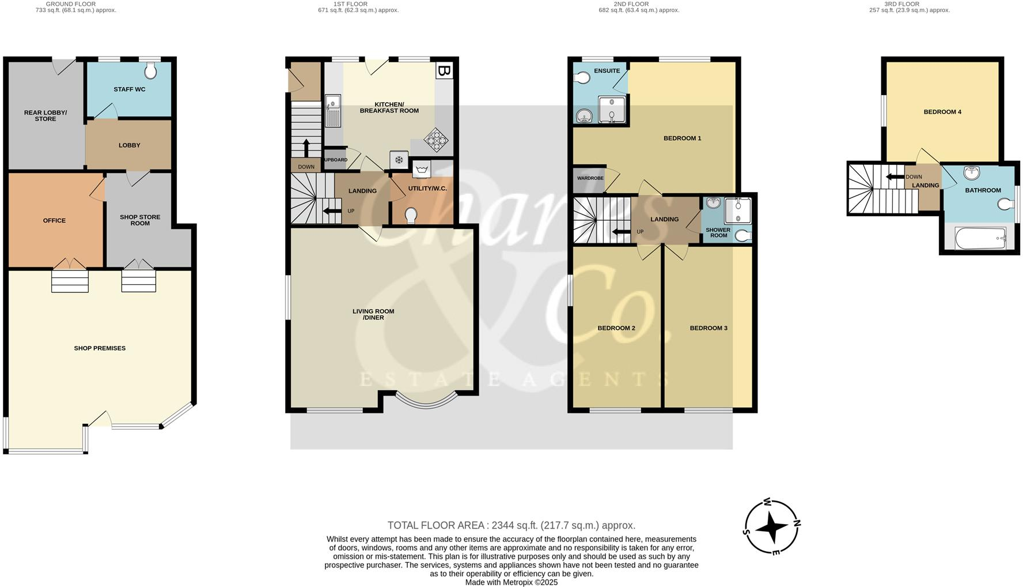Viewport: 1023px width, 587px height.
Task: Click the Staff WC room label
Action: point(129,89)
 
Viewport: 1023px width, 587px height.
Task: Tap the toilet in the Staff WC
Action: point(151,72)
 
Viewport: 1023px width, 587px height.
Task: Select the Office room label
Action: point(54,220)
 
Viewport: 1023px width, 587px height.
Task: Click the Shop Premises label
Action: point(100,348)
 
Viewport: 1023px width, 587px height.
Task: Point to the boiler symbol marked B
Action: point(444,71)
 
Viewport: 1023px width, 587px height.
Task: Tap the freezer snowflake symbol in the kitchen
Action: point(399,159)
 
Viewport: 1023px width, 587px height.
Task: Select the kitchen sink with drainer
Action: point(333,111)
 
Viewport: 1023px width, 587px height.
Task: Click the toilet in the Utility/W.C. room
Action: point(411,216)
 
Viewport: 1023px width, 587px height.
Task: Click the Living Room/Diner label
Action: point(373,314)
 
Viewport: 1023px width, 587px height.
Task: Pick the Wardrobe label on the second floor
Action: point(590,178)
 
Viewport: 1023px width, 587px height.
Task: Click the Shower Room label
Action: point(718,232)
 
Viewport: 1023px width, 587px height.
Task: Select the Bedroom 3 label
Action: point(708,328)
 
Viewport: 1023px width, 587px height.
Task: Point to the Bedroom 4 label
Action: point(942,112)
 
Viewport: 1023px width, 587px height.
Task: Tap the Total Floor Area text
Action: point(511,525)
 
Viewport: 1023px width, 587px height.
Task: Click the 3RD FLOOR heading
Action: point(901,4)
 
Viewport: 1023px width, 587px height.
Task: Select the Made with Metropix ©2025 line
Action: point(511,582)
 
